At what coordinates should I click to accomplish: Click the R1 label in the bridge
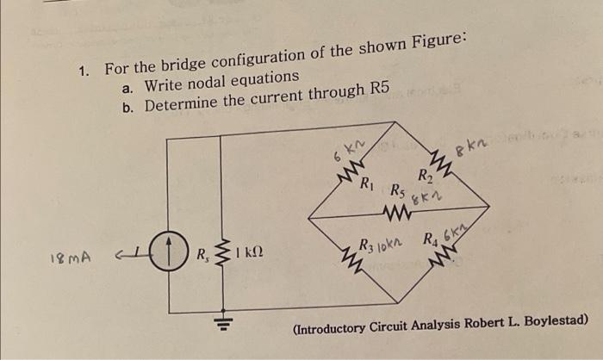(365, 183)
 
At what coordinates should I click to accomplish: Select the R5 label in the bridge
(397, 189)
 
